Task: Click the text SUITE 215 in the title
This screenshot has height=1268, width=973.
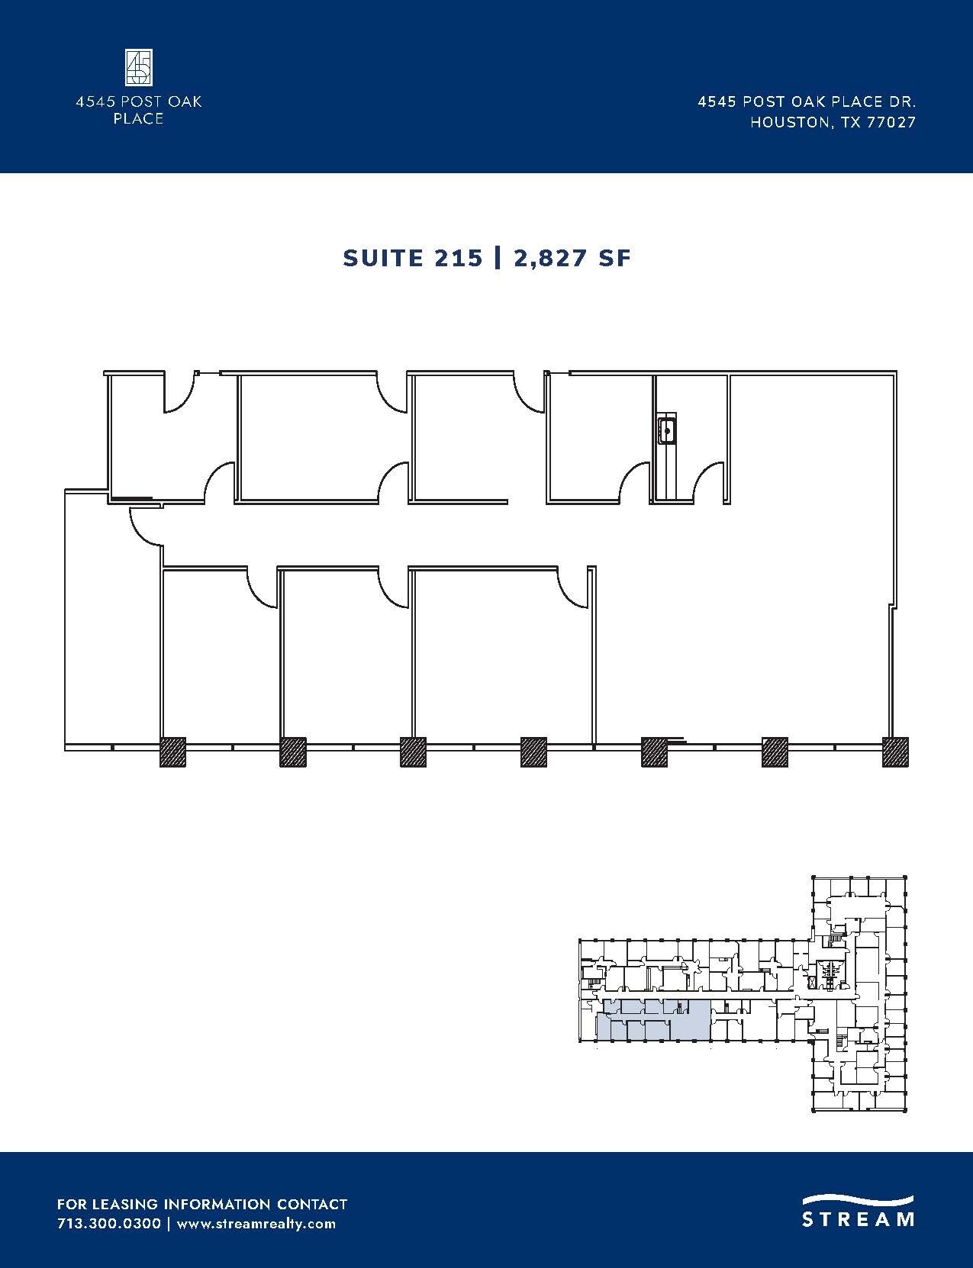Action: tap(413, 258)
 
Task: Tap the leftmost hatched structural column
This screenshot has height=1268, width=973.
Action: tap(172, 751)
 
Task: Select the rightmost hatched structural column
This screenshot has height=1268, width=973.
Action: tap(895, 751)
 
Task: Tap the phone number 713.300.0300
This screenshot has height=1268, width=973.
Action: tap(109, 1224)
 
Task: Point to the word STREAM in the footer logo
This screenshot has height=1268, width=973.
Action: tap(858, 1219)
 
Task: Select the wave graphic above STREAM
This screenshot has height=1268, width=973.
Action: tap(858, 1199)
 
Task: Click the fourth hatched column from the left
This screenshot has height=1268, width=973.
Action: tap(533, 751)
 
